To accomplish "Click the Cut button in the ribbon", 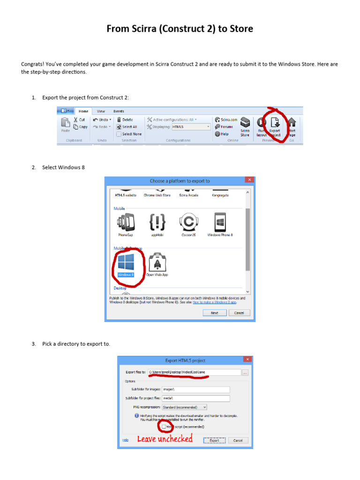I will point(80,120).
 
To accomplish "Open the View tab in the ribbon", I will point(101,111).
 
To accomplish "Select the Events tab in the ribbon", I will point(119,111).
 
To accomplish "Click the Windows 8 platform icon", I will point(126,262).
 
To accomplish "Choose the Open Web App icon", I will point(157,262).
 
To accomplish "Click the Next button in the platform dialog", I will point(214,313).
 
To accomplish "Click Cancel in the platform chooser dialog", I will point(239,313).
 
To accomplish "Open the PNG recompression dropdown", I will point(184,407).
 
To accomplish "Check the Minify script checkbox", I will point(164,427).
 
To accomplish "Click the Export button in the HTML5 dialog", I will point(214,440).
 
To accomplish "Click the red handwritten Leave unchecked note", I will point(165,439).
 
